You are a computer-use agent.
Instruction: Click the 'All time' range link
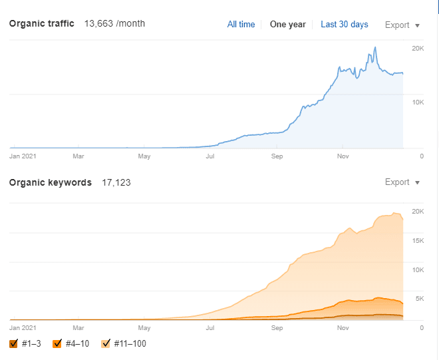[241, 25]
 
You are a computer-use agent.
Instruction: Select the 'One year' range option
[287, 25]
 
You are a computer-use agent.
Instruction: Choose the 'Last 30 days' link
[344, 25]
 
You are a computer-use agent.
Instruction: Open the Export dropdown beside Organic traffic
[402, 25]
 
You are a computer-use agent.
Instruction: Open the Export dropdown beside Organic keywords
[402, 182]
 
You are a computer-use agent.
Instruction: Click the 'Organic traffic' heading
[41, 24]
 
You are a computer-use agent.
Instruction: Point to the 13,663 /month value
[114, 24]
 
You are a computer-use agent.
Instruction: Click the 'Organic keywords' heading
[50, 182]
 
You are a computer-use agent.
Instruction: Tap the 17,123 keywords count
[116, 182]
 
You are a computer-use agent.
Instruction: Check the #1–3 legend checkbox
[14, 343]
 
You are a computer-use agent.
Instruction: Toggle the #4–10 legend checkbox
[57, 343]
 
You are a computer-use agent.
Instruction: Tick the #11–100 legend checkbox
[105, 343]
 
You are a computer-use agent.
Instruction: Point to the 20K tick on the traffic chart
[418, 49]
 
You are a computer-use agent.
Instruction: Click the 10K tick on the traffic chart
[418, 102]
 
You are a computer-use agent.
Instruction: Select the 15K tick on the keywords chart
[418, 240]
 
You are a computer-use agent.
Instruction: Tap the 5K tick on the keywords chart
[419, 299]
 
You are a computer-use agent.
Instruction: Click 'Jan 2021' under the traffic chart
[23, 157]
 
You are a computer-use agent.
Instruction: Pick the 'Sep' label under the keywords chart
[277, 328]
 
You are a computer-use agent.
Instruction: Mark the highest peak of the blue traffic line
[375, 48]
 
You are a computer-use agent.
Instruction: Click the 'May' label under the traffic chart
[144, 157]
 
